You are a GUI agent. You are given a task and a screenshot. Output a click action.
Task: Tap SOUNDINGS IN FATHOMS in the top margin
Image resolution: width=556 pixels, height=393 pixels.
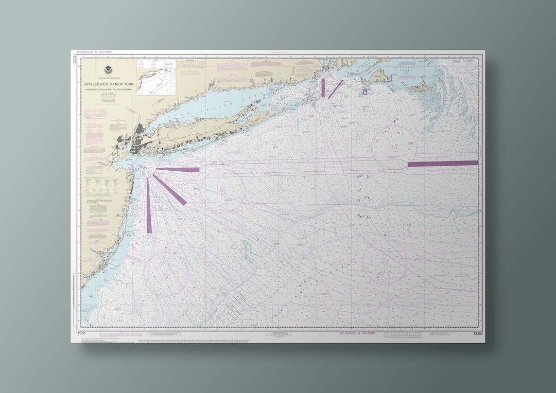[x=94, y=52]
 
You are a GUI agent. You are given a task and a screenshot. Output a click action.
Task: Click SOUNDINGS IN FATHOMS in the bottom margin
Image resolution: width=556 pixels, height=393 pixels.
[x=357, y=333]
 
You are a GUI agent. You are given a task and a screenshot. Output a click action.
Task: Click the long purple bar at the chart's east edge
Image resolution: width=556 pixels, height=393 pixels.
[x=443, y=164]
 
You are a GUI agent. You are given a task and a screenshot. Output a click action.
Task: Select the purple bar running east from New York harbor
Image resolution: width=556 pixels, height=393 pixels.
[x=178, y=169]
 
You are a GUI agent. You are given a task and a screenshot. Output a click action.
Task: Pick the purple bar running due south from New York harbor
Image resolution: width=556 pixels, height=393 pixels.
[x=149, y=206]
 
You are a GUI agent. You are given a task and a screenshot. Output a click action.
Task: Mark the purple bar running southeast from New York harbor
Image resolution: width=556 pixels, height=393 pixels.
[x=170, y=190]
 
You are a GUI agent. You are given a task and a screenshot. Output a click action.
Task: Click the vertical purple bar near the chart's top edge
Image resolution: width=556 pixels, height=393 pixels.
[x=323, y=86]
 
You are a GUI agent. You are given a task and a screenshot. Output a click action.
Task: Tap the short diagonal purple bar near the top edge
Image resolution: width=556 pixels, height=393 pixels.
[x=336, y=88]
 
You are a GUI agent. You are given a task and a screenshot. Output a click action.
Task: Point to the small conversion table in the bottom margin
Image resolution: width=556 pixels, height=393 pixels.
[x=407, y=334]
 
